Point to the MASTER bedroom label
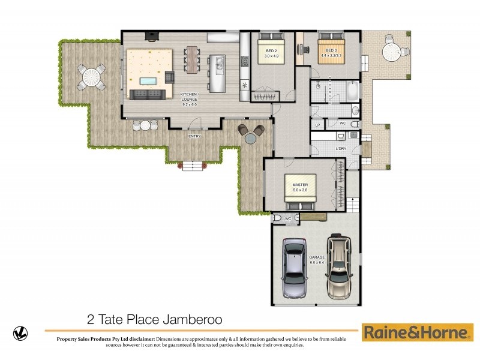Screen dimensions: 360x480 [x=300, y=187]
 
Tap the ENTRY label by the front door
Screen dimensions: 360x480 [x=194, y=136]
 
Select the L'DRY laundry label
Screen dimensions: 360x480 [x=341, y=148]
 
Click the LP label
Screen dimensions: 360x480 [x=318, y=125]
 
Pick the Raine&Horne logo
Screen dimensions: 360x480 [x=417, y=332]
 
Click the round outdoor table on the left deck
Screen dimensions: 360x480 [x=91, y=77]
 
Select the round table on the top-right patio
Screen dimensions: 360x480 [x=391, y=52]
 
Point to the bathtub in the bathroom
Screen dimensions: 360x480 [x=352, y=92]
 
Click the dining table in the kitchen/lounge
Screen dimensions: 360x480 [x=192, y=60]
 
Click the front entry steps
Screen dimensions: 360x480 [x=193, y=166]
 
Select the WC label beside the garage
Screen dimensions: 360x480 [x=288, y=218]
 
